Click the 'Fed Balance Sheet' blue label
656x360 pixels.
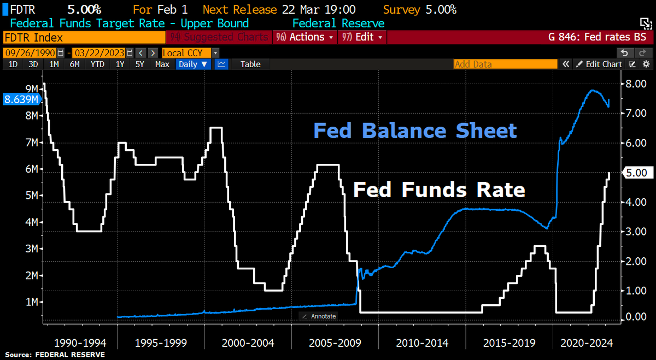415,131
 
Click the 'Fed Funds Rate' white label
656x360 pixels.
439,190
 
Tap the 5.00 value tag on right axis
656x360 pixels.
637,173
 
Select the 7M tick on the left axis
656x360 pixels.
31,142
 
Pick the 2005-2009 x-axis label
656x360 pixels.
335,343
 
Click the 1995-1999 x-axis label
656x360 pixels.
161,343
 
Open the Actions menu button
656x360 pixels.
306,37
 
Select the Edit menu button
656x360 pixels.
364,37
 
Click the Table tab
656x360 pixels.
250,64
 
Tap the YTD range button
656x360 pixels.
97,64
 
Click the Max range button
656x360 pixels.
162,64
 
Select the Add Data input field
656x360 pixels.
505,64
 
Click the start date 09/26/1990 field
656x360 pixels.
30,53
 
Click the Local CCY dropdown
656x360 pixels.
190,53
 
